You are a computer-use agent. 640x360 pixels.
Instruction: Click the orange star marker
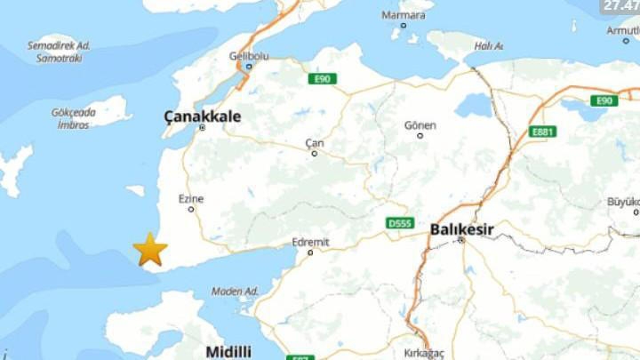click(x=150, y=250)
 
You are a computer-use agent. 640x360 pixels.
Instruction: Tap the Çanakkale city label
click(x=203, y=116)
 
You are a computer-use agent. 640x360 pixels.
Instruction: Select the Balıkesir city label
click(x=461, y=229)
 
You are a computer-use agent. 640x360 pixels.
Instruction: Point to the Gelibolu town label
click(x=249, y=56)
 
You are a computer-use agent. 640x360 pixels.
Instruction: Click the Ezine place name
click(x=191, y=198)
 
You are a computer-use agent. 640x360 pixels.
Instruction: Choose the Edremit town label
click(x=310, y=242)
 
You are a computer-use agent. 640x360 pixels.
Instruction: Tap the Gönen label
click(x=420, y=125)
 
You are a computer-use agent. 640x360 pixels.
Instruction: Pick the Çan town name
click(x=315, y=143)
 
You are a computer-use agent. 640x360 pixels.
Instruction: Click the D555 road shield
click(x=400, y=223)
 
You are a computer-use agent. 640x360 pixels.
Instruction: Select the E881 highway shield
click(x=541, y=132)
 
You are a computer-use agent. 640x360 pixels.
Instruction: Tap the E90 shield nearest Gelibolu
click(x=323, y=79)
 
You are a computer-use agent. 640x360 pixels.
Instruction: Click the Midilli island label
click(x=228, y=351)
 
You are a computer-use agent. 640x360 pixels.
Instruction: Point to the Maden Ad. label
click(x=235, y=292)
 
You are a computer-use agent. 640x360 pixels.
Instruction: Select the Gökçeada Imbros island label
click(x=74, y=119)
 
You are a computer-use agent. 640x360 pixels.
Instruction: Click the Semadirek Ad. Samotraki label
click(x=59, y=52)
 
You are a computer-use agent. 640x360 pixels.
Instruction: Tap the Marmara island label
click(x=403, y=15)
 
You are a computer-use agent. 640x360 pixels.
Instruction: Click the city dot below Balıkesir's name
click(x=460, y=240)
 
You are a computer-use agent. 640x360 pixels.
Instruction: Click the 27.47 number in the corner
click(x=620, y=5)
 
